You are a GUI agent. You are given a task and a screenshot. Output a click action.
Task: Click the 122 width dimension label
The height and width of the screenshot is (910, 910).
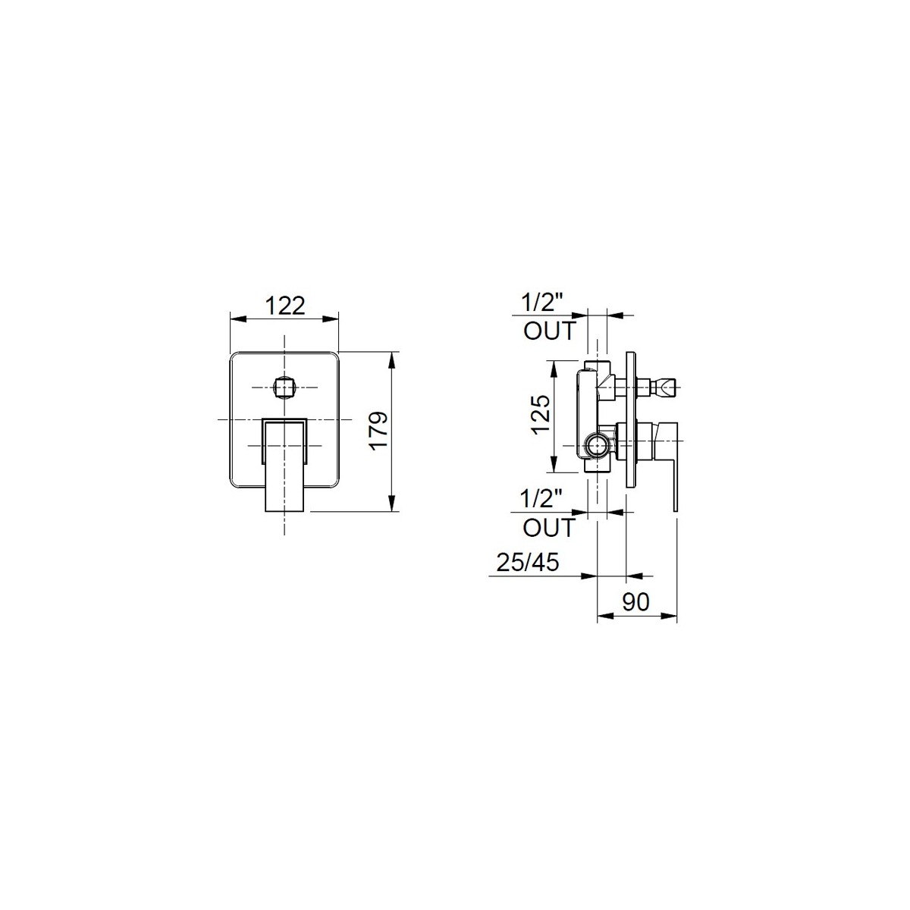(x=285, y=306)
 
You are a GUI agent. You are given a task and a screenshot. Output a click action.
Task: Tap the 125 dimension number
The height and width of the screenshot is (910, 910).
(x=541, y=414)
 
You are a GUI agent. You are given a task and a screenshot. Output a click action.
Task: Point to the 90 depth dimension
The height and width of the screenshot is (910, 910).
(x=635, y=601)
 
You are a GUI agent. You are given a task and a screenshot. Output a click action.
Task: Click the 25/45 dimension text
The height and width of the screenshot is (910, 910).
(x=528, y=562)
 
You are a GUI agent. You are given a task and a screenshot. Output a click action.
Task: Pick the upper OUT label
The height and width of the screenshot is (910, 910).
(x=550, y=331)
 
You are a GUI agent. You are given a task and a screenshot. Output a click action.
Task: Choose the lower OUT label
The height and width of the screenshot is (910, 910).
(x=550, y=528)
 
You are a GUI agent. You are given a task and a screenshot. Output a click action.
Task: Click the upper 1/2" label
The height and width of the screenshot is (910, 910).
(x=543, y=303)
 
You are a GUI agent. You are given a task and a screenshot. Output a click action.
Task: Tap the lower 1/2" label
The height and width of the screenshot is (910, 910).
(x=542, y=499)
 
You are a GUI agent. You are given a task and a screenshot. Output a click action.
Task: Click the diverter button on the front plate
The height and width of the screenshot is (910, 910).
(x=285, y=388)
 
